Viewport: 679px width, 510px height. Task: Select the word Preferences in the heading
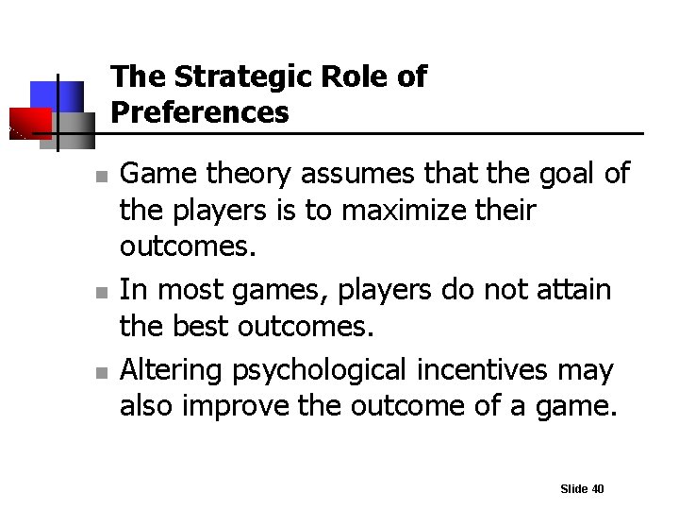coord(200,113)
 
